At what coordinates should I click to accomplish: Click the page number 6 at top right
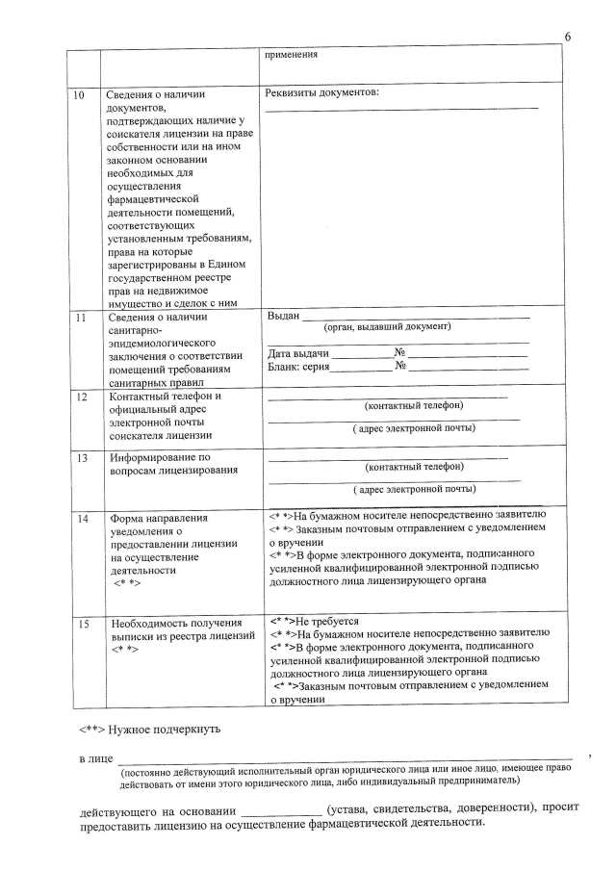568,37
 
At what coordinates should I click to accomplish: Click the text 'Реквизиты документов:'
321,93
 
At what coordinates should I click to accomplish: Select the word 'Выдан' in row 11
283,316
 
